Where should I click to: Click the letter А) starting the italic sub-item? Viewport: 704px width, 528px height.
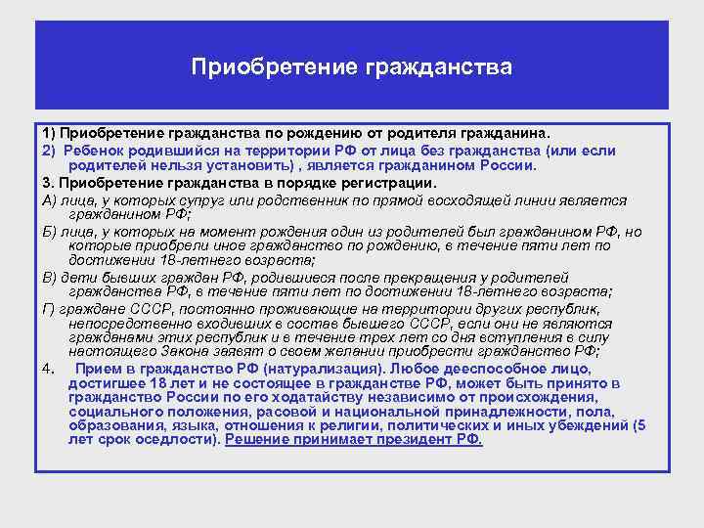[x=49, y=199]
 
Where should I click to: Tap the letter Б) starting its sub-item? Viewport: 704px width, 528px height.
[x=49, y=232]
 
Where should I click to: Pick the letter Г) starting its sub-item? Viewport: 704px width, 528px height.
[x=49, y=308]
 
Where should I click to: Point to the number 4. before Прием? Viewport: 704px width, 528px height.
[x=48, y=369]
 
